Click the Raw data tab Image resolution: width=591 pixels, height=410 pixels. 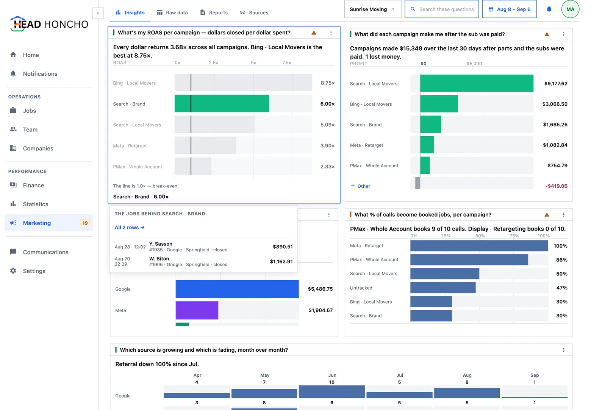172,12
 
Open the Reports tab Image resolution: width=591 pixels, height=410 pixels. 214,12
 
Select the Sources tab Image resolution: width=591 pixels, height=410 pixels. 254,12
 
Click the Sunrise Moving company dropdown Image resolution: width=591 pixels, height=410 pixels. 372,9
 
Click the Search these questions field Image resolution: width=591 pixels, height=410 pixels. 442,9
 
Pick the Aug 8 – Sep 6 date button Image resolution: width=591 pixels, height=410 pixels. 509,9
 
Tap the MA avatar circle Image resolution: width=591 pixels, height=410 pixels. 570,9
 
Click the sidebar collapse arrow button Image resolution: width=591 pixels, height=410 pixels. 98,13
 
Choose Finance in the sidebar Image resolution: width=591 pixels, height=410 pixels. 33,186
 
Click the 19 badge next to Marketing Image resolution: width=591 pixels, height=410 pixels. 85,223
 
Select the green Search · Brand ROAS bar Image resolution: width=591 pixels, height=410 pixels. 222,104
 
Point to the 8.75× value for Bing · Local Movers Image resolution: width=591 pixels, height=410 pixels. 328,83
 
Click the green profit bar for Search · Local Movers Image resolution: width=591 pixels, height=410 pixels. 477,83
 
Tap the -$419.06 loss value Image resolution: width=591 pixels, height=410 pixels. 556,186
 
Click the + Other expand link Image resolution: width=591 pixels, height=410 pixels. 360,186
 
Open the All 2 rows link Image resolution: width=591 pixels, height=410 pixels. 130,228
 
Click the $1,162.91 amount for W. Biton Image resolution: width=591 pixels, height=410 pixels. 281,262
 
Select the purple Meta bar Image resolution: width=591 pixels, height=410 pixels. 197,310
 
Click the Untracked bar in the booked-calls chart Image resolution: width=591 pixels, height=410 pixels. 443,288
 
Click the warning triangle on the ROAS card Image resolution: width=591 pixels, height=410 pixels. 314,33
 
